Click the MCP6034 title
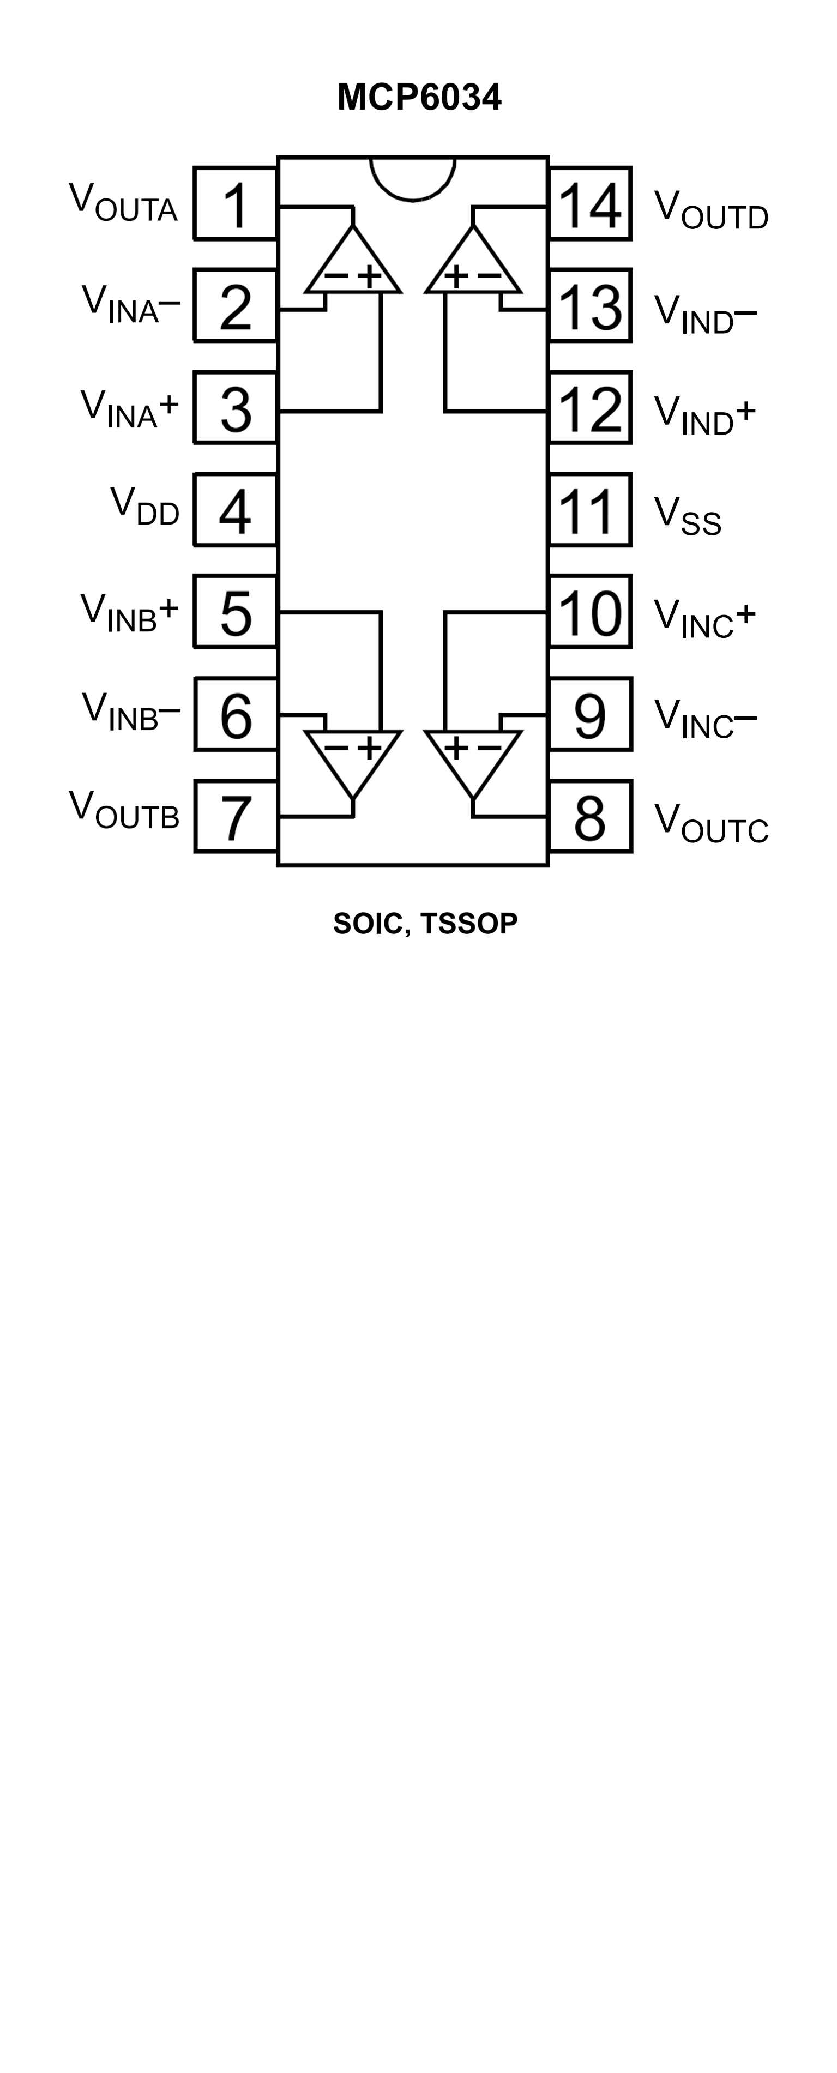pyautogui.click(x=419, y=98)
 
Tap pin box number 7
pyautogui.click(x=236, y=816)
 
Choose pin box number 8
pyautogui.click(x=590, y=816)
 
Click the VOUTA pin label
pyautogui.click(x=123, y=203)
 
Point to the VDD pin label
pyautogui.click(x=145, y=507)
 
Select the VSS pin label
pyautogui.click(x=687, y=515)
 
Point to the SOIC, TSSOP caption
pyautogui.click(x=425, y=924)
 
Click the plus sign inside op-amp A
pyautogui.click(x=369, y=276)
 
